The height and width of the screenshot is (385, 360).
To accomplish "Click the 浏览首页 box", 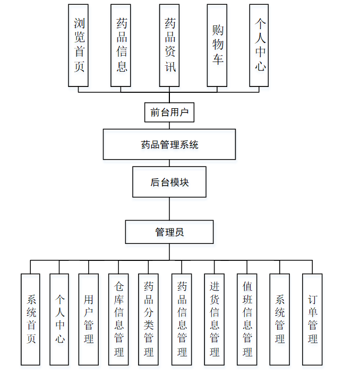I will click(x=78, y=45).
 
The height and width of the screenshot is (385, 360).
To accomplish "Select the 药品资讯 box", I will click(x=169, y=45).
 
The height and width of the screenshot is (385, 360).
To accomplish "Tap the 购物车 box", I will click(x=217, y=45).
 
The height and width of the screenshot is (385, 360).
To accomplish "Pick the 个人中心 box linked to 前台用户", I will click(x=259, y=45).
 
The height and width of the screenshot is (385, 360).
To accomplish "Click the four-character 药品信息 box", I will click(x=121, y=45).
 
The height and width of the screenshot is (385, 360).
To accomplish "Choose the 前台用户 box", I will click(x=169, y=112).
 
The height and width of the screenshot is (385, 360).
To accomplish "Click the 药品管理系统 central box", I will click(x=169, y=144).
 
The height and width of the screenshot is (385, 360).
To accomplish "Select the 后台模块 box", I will click(x=169, y=182).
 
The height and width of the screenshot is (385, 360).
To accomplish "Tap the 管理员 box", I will click(x=169, y=232).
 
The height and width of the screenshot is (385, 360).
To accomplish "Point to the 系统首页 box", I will click(x=30, y=319).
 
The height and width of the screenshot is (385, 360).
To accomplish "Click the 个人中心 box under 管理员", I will click(x=59, y=319).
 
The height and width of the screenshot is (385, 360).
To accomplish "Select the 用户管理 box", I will click(x=88, y=319).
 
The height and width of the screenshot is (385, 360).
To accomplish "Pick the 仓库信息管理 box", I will click(x=118, y=319).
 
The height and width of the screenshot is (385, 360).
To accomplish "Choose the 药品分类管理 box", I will click(x=148, y=319).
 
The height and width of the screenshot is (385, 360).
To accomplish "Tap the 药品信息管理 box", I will click(x=182, y=319).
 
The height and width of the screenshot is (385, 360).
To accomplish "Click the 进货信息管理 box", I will click(x=215, y=319).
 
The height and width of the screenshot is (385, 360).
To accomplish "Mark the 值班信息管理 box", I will click(x=247, y=319).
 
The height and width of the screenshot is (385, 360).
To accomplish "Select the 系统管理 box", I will click(x=280, y=319).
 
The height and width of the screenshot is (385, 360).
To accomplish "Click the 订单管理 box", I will click(x=312, y=319).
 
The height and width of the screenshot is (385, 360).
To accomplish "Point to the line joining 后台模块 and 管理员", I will click(x=169, y=209).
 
